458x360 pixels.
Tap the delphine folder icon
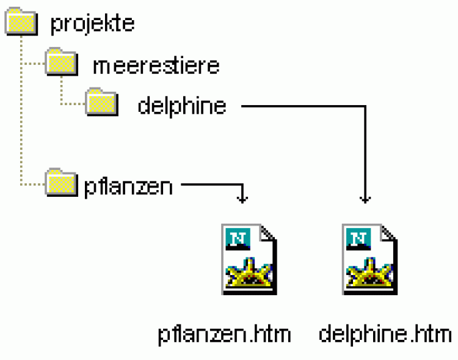(101, 102)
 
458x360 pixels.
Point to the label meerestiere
(156, 65)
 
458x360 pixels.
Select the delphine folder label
(182, 106)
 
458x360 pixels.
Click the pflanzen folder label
(128, 186)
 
